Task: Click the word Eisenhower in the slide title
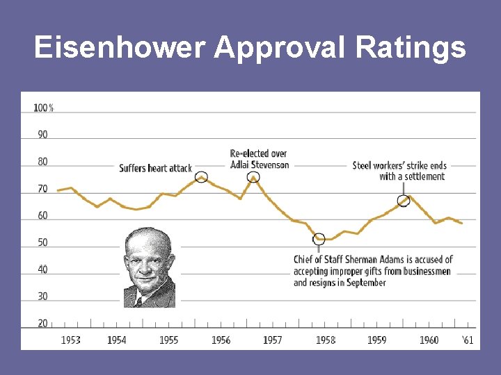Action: [x=119, y=48]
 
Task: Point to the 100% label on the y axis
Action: [x=43, y=108]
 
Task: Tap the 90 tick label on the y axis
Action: [x=43, y=135]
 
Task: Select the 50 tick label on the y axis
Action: [x=43, y=242]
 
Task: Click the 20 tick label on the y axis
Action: [x=43, y=324]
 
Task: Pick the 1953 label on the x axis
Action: [x=70, y=340]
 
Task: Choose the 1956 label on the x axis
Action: [x=221, y=340]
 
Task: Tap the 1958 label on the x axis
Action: [x=325, y=340]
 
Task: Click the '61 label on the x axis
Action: [x=468, y=340]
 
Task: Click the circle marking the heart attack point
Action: [x=201, y=177]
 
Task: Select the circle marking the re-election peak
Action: [x=253, y=177]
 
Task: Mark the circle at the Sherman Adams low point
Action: [x=319, y=239]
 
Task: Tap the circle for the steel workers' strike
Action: [x=404, y=201]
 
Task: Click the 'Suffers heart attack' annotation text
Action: [x=155, y=168]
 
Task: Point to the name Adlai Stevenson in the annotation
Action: [x=260, y=165]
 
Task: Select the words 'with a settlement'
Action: [x=411, y=176]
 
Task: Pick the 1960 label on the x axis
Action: [x=429, y=340]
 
